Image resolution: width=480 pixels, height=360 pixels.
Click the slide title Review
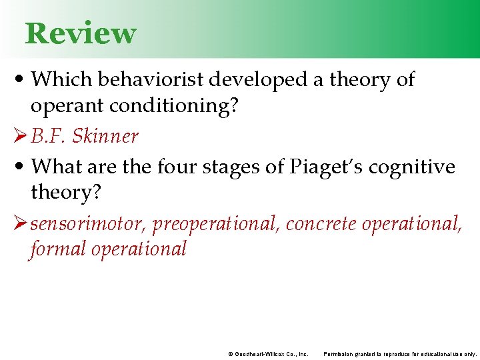click(x=80, y=33)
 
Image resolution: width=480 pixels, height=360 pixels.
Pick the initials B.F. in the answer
click(x=49, y=136)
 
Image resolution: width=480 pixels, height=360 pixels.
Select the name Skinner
click(x=105, y=136)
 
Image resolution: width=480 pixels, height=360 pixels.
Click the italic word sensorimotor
click(x=87, y=224)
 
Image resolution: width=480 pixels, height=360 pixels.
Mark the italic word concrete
click(x=321, y=224)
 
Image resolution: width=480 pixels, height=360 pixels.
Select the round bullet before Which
click(x=17, y=80)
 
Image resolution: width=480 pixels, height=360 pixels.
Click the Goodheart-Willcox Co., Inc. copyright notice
click(x=268, y=354)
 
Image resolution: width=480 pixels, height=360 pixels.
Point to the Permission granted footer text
click(x=400, y=354)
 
